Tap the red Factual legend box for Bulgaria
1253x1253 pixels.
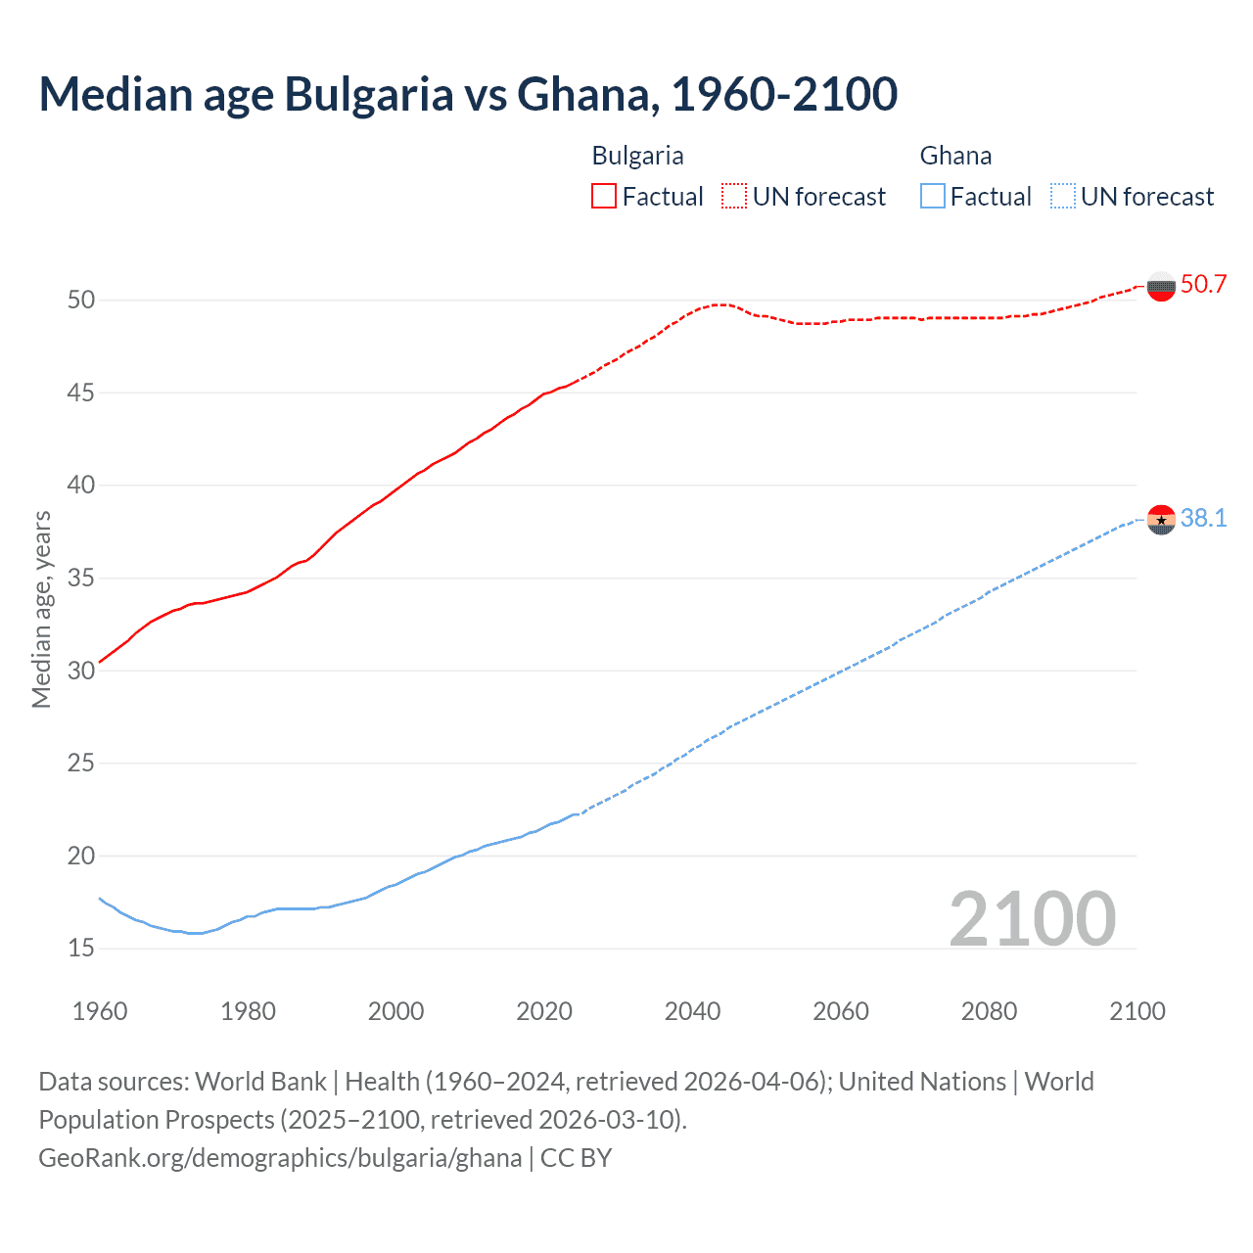[604, 197]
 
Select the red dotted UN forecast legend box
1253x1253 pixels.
[734, 197]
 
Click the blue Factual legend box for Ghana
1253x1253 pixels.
[933, 197]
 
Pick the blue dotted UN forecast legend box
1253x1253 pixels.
[1063, 197]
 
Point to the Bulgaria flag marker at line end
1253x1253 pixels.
[1161, 287]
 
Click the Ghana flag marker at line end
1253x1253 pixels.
[1161, 519]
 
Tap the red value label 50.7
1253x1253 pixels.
[1203, 285]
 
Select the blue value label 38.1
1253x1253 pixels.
[1203, 519]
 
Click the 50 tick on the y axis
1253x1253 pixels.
[81, 300]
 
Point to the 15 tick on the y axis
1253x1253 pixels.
[81, 948]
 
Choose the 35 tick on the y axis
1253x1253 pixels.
[81, 578]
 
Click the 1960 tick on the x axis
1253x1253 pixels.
[100, 1011]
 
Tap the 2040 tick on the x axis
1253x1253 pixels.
[692, 1011]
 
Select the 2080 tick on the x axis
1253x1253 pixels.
[989, 1011]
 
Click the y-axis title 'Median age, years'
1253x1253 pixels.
[41, 609]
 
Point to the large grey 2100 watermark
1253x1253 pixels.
[1032, 918]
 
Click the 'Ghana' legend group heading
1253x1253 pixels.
[955, 156]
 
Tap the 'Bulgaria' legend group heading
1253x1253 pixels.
[637, 156]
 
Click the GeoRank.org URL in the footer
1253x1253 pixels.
[280, 1158]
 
